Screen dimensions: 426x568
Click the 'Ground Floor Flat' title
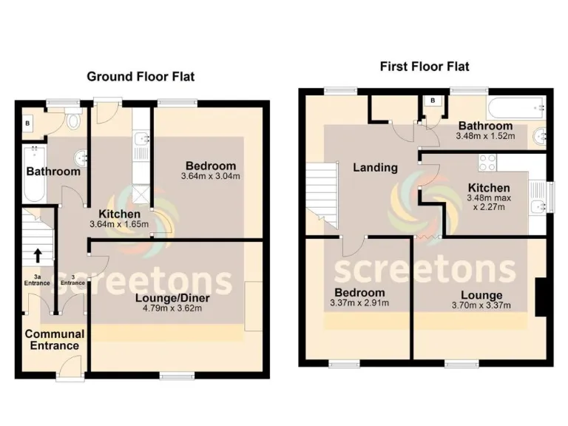[141, 76]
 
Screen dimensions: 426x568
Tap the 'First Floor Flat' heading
[425, 67]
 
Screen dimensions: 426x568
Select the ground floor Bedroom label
[211, 166]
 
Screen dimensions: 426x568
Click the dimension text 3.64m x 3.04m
[211, 177]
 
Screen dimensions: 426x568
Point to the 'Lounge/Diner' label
[167, 298]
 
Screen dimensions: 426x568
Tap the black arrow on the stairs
[36, 255]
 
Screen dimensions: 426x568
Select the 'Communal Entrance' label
[54, 339]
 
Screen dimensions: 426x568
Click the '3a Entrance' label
[35, 282]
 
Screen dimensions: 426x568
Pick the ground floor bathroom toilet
[74, 121]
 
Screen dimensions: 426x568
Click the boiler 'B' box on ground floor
[28, 124]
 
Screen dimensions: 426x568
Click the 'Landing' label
[375, 168]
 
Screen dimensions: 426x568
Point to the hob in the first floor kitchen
[489, 162]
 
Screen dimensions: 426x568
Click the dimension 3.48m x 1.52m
[485, 137]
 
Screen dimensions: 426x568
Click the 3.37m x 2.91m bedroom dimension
[359, 303]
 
